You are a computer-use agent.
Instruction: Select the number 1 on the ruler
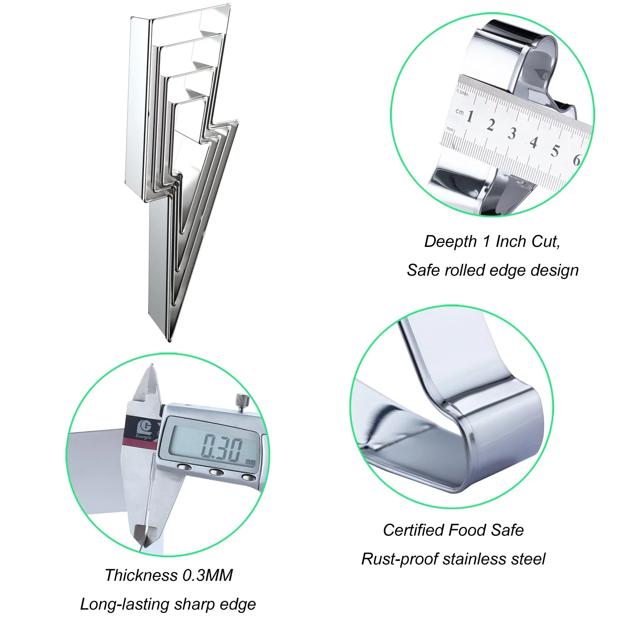tap(469, 116)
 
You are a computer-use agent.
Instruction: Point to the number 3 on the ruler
tap(512, 134)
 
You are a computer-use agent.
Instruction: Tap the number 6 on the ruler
tap(577, 160)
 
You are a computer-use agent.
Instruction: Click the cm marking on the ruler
tap(459, 112)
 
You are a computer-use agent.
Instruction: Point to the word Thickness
tap(141, 575)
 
